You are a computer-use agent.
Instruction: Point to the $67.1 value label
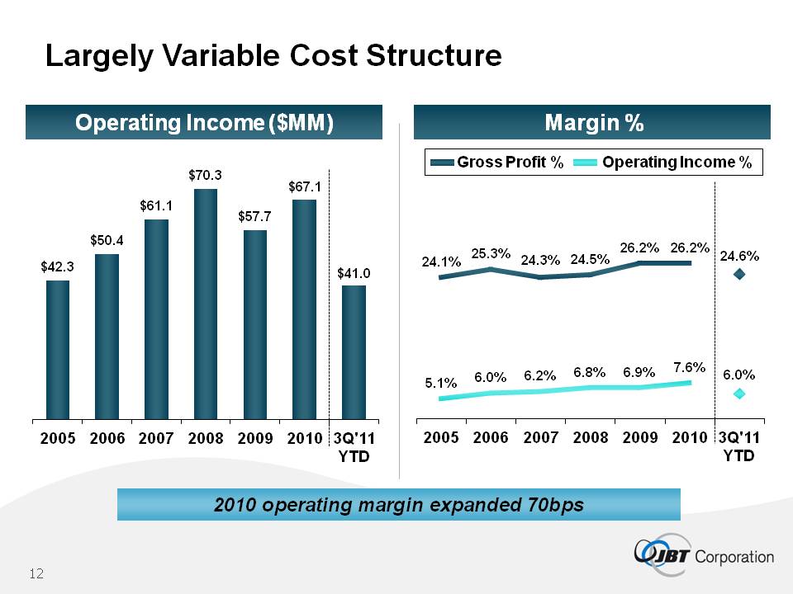[304, 187]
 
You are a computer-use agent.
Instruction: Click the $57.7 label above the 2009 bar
[255, 216]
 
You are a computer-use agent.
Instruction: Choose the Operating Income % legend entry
[665, 163]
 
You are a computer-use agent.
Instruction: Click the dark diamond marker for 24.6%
[739, 274]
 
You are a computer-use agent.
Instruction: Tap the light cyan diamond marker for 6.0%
[739, 394]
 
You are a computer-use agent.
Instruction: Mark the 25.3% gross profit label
[491, 253]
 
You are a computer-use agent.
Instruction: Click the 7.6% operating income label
[687, 366]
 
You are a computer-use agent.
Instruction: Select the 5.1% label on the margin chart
[440, 383]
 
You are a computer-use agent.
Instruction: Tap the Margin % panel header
[593, 123]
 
